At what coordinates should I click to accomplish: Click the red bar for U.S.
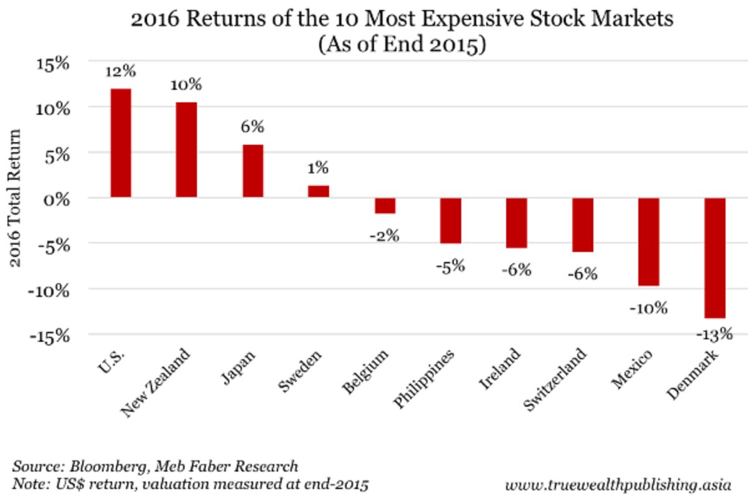120,143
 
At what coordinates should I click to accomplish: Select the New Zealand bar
186,150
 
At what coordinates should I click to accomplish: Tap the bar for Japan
252,171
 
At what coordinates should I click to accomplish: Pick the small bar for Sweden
319,191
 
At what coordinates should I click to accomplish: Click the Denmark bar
714,258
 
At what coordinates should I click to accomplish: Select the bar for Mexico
648,241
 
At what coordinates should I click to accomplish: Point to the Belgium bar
385,205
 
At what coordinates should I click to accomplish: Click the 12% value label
120,72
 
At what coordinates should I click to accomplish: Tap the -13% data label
714,335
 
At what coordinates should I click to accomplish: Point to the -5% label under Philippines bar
450,266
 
